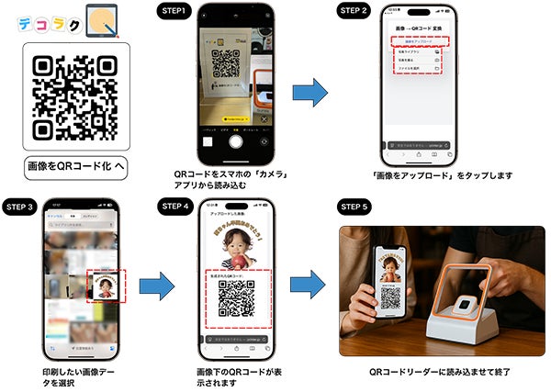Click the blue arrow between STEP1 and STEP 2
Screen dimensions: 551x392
(310, 93)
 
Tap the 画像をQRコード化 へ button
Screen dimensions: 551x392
(75, 166)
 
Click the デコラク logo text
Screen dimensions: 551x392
(48, 25)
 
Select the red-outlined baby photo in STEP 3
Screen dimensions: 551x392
(107, 286)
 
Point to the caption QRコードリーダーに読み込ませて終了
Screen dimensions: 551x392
(438, 372)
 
